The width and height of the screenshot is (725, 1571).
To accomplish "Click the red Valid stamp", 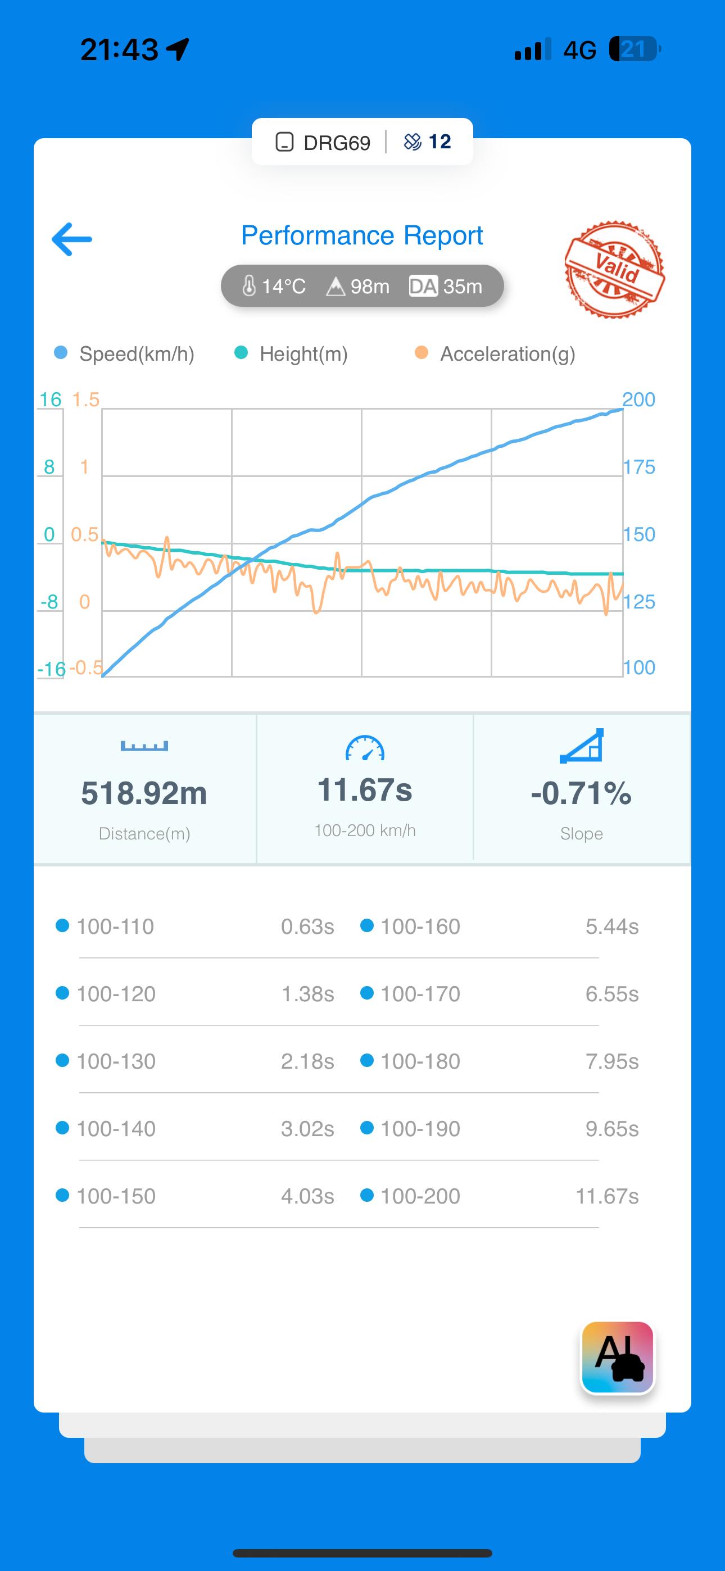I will pos(614,269).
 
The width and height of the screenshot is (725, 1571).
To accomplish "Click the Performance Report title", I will pos(362,235).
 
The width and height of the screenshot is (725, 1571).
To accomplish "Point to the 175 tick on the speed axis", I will pos(638,467).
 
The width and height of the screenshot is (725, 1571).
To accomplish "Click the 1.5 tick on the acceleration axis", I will pos(85,399).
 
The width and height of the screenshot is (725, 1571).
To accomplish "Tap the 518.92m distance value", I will pos(144,793).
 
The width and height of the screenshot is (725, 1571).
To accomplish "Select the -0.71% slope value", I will pos(581,793).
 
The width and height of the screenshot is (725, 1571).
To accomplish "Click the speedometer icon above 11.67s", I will pos(365,748).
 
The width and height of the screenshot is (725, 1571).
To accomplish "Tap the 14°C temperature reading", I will pos(275,286).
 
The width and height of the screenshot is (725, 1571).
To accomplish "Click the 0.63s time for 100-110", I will pos(307,927).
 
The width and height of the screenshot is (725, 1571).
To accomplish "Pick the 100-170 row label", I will pos(420,994).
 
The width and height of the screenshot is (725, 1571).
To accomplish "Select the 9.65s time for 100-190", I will pos(611,1129).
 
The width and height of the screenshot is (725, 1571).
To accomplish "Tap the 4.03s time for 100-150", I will pos(307,1196).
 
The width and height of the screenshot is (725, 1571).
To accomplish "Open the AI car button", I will pos(618,1357).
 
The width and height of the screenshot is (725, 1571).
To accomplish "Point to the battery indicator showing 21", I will pos(635,49).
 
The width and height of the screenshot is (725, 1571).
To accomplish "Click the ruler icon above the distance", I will pos(144,746).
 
